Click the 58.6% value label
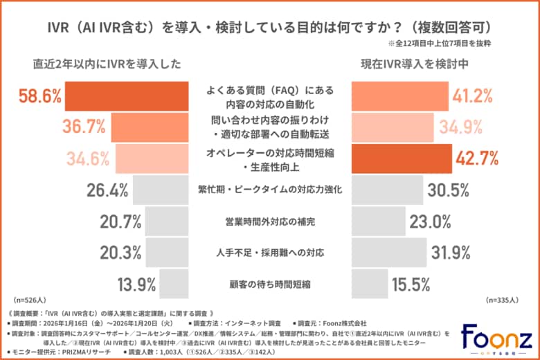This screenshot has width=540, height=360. tap(39, 96)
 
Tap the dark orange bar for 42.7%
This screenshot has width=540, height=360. tap(399, 158)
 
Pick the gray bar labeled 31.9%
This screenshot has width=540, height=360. tap(388, 252)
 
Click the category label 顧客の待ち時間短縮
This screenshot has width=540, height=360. tap(270, 283)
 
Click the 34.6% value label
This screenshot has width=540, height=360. tap(100, 158)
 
